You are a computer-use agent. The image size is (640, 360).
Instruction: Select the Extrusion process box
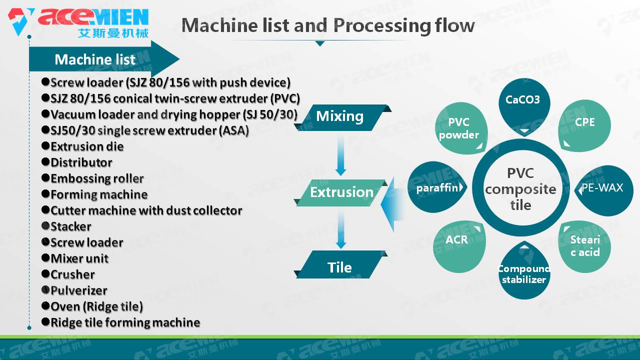(x=342, y=192)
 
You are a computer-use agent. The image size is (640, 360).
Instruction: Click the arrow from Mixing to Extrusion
(x=340, y=155)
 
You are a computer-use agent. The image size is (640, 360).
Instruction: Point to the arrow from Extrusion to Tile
(x=340, y=229)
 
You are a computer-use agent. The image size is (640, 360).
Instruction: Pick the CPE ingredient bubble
(x=584, y=123)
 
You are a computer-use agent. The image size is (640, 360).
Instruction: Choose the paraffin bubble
(x=436, y=188)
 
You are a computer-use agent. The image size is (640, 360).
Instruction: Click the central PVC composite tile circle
(x=520, y=189)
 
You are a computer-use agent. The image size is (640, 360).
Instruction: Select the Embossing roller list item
(x=97, y=178)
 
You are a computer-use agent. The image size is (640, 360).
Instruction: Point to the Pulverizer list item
(x=79, y=290)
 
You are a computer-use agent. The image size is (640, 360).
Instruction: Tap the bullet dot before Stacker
(x=45, y=226)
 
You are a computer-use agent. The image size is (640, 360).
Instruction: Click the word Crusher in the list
(x=72, y=274)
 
